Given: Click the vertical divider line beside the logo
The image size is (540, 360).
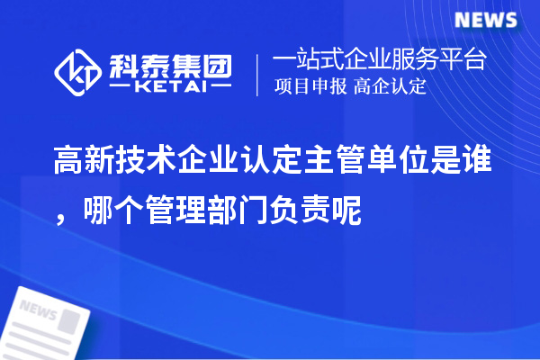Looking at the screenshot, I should coord(258,74).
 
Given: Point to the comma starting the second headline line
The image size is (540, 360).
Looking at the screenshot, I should coord(60,213).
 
